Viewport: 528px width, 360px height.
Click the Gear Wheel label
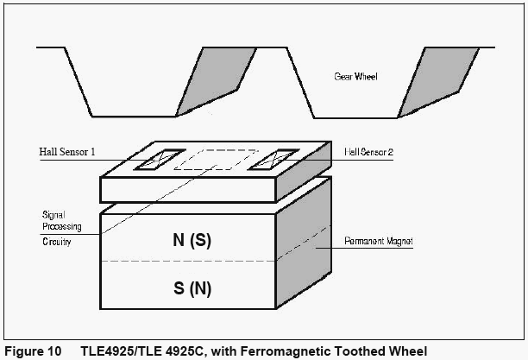(356, 77)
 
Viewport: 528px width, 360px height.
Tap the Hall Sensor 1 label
(66, 153)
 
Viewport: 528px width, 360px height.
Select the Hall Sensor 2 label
(368, 152)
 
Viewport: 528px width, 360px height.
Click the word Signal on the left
(53, 213)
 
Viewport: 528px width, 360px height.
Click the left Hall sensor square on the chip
(161, 158)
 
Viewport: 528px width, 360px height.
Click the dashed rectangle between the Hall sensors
(217, 159)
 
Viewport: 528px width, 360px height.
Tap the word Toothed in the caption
(353, 351)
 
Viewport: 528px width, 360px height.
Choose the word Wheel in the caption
(404, 351)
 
